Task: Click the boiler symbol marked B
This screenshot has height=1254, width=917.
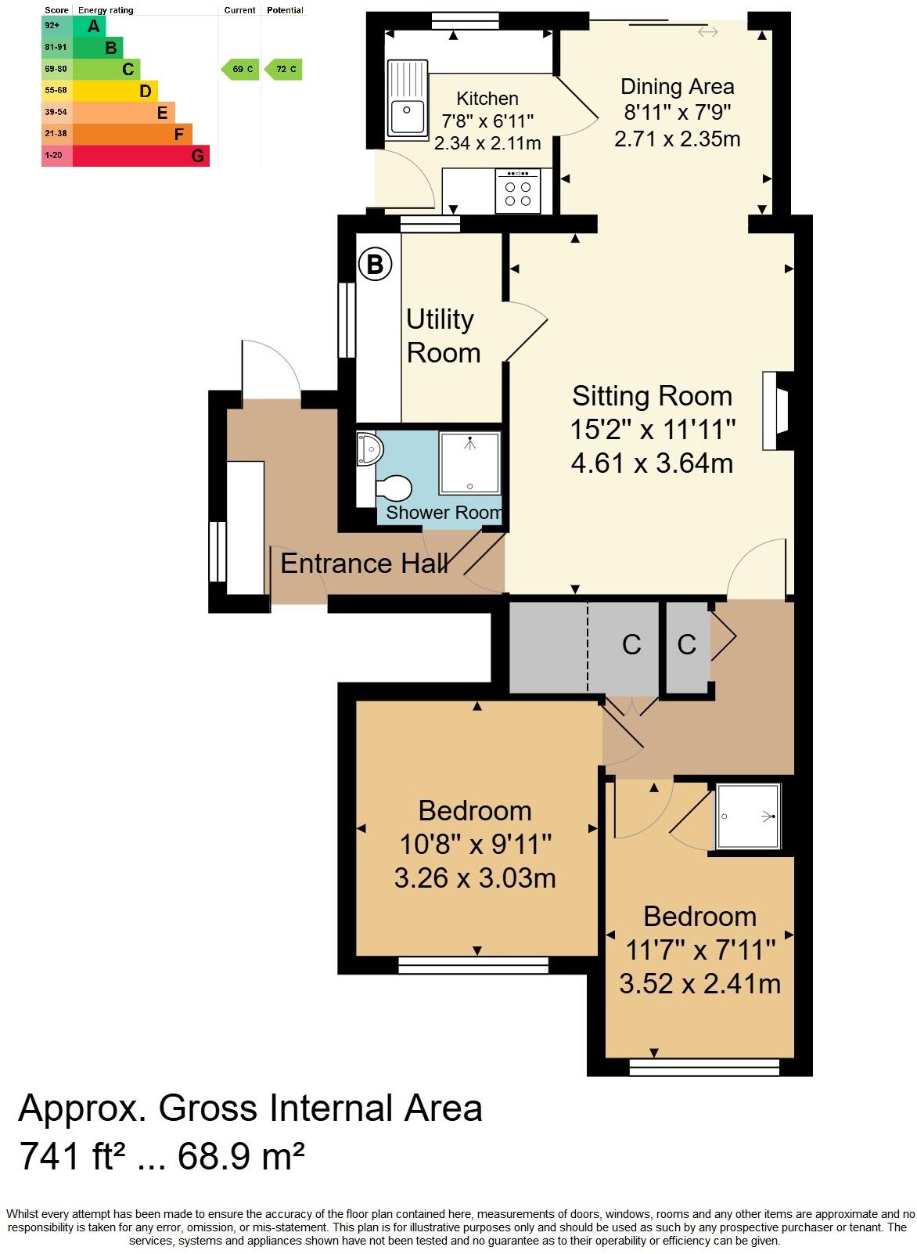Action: tap(375, 265)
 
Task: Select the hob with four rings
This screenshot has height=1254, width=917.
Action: tap(517, 193)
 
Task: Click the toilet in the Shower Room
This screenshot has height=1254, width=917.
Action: tap(394, 488)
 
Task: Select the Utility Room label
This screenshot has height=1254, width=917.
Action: tap(442, 337)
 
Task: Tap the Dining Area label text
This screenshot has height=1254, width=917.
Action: tap(677, 87)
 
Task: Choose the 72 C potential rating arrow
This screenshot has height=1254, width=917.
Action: tap(283, 70)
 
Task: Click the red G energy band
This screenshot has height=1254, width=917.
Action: tap(141, 156)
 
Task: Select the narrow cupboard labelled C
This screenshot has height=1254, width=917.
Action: tap(686, 645)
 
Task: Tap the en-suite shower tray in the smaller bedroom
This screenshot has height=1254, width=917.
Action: tap(749, 816)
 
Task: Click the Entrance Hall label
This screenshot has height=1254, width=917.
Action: tap(364, 564)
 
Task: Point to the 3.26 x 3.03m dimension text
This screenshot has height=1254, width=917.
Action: tap(474, 878)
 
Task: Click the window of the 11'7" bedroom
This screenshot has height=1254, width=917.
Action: tap(704, 1066)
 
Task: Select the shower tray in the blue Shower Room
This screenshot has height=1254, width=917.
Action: tap(469, 463)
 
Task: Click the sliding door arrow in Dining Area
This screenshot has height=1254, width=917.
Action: tap(707, 32)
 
